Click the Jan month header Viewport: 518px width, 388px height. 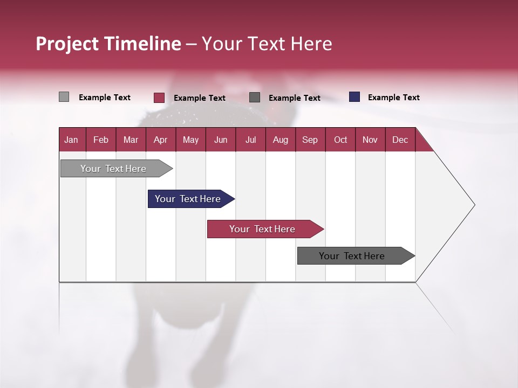click(71, 140)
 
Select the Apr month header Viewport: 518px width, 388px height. click(160, 140)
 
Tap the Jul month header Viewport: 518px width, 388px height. click(250, 140)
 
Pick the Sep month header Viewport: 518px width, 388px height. click(310, 140)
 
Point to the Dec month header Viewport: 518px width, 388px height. click(400, 140)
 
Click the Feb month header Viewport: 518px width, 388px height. click(101, 140)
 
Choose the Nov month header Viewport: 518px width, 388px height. click(370, 140)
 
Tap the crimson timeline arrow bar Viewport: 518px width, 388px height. click(263, 229)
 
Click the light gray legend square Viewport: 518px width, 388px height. click(64, 97)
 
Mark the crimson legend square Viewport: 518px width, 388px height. click(159, 98)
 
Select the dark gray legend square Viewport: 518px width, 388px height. click(255, 97)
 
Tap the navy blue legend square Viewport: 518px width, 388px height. click(355, 97)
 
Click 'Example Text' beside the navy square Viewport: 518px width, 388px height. click(393, 98)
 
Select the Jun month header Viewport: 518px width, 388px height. click(221, 140)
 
